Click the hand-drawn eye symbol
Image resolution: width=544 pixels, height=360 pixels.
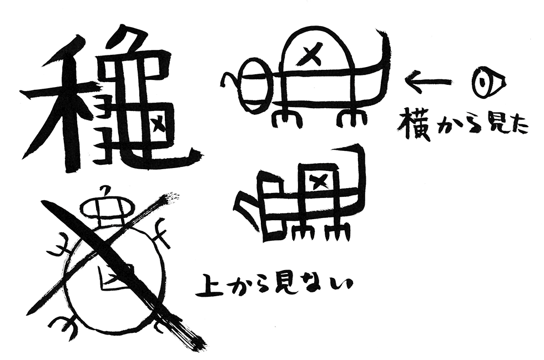pyautogui.click(x=490, y=82)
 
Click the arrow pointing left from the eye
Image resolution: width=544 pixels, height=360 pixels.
pyautogui.click(x=429, y=82)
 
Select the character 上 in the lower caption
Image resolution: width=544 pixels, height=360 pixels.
pyautogui.click(x=209, y=286)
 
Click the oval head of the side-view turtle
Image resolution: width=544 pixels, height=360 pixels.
pyautogui.click(x=255, y=85)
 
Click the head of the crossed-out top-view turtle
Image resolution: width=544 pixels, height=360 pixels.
pyautogui.click(x=107, y=207)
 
